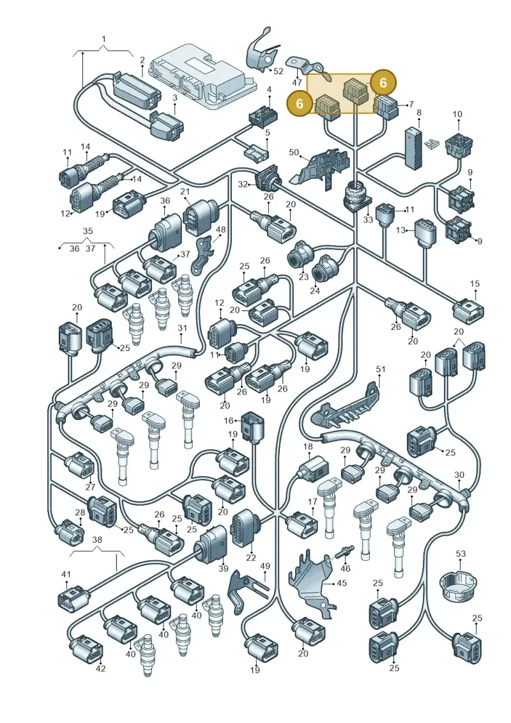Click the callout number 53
461,554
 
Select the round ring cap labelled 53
458,586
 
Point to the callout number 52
278,72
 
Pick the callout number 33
367,219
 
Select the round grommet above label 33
356,196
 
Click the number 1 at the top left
103,39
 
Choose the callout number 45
342,583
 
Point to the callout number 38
96,540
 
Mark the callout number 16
229,421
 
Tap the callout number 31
183,328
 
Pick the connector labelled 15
469,310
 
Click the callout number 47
297,82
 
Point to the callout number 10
457,114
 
